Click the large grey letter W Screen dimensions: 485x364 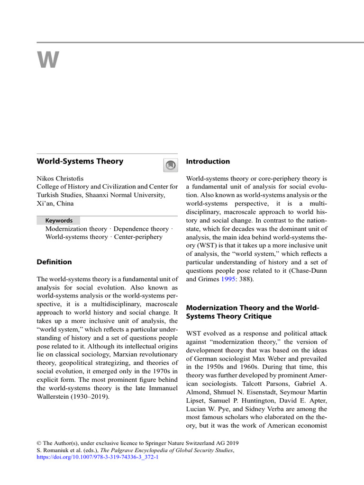(x=48, y=61)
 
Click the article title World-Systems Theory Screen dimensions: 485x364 (x=80, y=161)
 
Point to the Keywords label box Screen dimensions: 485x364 (x=59, y=220)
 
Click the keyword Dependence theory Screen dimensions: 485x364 (x=141, y=229)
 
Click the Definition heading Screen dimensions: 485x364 (x=54, y=262)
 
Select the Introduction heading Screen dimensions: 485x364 (x=208, y=162)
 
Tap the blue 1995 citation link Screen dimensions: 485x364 (x=228, y=279)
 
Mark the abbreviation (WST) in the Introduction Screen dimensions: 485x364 (x=197, y=245)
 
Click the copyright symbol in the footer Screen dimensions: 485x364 (x=39, y=443)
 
